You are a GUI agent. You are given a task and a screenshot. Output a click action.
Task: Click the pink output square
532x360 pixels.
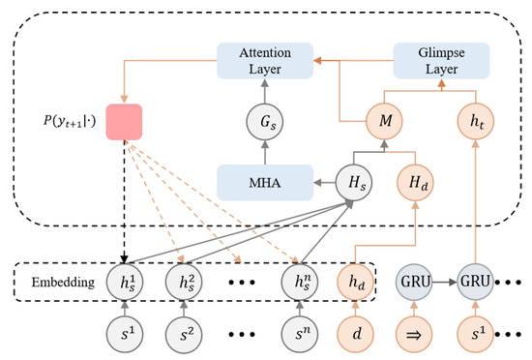click(129, 122)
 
